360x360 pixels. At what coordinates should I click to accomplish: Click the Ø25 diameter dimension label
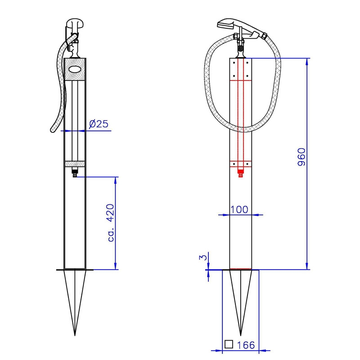(99, 124)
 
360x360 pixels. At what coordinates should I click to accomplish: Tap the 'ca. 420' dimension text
(111, 222)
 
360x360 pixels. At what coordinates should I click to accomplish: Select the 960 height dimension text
(301, 157)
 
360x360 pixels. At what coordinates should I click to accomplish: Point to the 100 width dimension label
(239, 209)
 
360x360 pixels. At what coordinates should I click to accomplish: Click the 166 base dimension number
(246, 345)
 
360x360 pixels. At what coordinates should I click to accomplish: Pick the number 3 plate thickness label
(203, 257)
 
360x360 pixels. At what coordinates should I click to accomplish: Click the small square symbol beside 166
(229, 344)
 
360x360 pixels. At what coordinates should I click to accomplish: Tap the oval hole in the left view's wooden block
(75, 69)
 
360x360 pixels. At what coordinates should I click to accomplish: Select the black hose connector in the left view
(75, 172)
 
